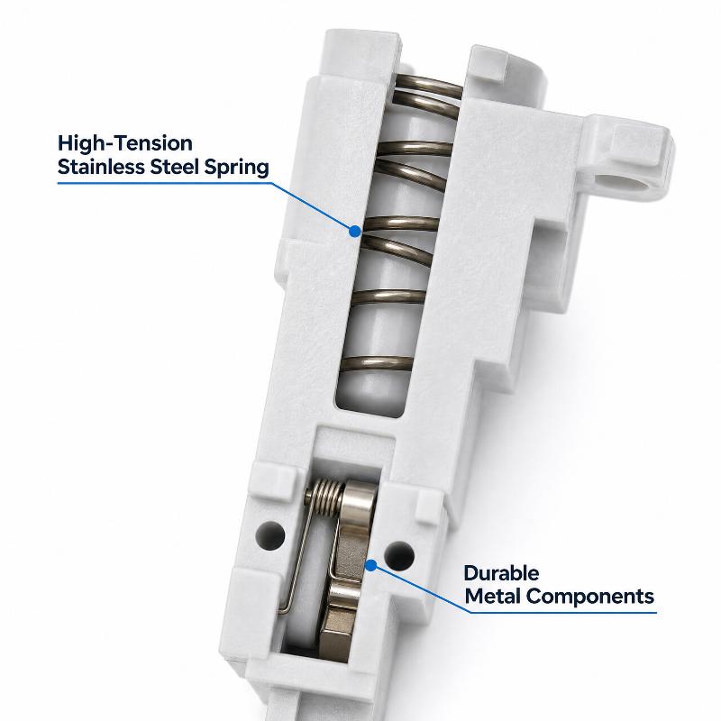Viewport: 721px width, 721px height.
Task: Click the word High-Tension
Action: pyautogui.click(x=125, y=143)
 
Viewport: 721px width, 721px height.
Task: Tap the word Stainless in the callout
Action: pyautogui.click(x=101, y=167)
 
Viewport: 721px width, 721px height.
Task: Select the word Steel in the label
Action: pyautogui.click(x=175, y=167)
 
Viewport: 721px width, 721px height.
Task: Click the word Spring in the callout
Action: pyautogui.click(x=237, y=168)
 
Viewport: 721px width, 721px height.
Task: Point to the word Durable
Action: pyautogui.click(x=501, y=573)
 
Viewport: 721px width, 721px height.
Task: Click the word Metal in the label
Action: pyautogui.click(x=493, y=597)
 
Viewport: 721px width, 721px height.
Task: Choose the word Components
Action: pyautogui.click(x=590, y=598)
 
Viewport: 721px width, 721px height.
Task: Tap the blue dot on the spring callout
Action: pyautogui.click(x=354, y=232)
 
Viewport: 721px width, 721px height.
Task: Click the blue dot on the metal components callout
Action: pyautogui.click(x=370, y=566)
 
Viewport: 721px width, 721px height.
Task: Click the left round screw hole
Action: pyautogui.click(x=271, y=535)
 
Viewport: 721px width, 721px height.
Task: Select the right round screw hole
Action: pyautogui.click(x=399, y=555)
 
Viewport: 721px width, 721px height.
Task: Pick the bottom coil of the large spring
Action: pyautogui.click(x=377, y=364)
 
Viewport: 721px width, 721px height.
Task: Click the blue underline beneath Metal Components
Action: pyautogui.click(x=563, y=613)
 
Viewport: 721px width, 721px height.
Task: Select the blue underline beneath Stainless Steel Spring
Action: pyautogui.click(x=164, y=183)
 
